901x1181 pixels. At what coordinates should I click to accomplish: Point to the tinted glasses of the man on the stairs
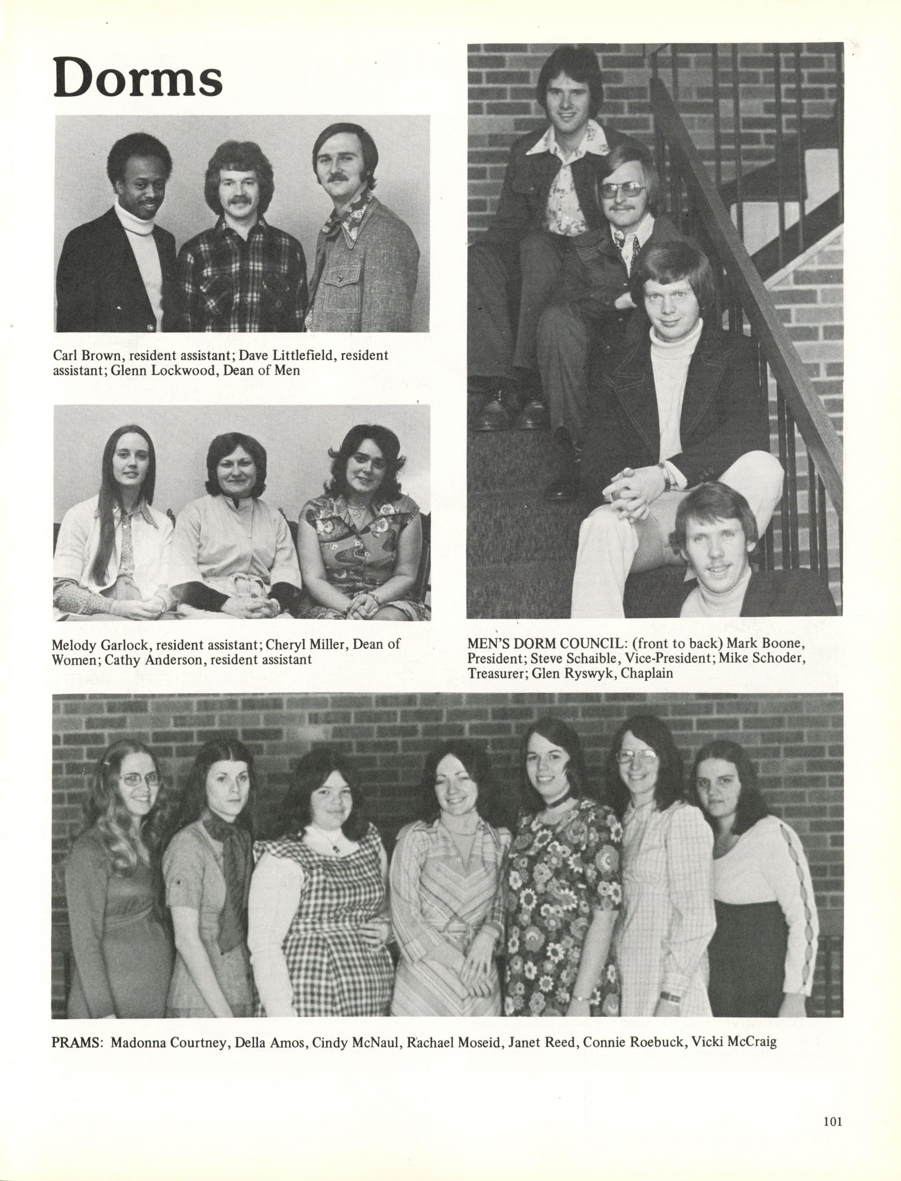(624, 189)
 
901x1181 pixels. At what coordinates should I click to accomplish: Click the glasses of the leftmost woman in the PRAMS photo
(140, 779)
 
